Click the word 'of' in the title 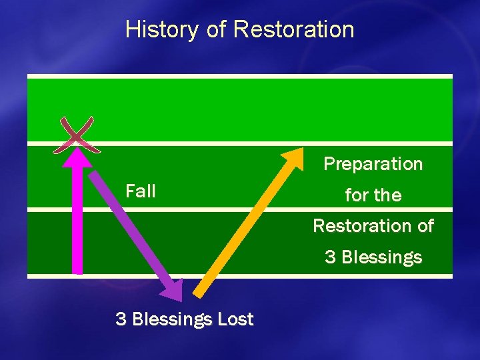tap(217, 29)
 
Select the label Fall tap(140, 191)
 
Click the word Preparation tap(373, 164)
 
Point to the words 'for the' tap(373, 195)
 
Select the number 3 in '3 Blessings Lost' tap(121, 319)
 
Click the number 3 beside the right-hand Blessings tap(330, 257)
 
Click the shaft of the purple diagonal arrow tap(130, 227)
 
